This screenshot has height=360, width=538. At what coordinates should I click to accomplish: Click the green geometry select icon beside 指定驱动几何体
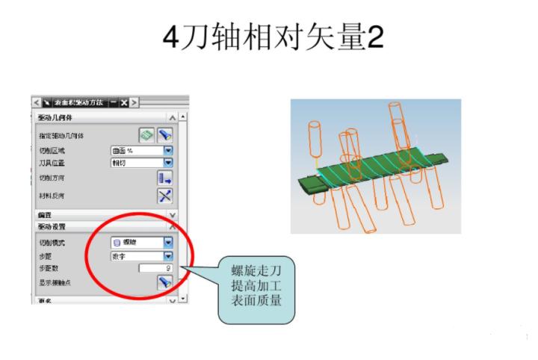pyautogui.click(x=147, y=135)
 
